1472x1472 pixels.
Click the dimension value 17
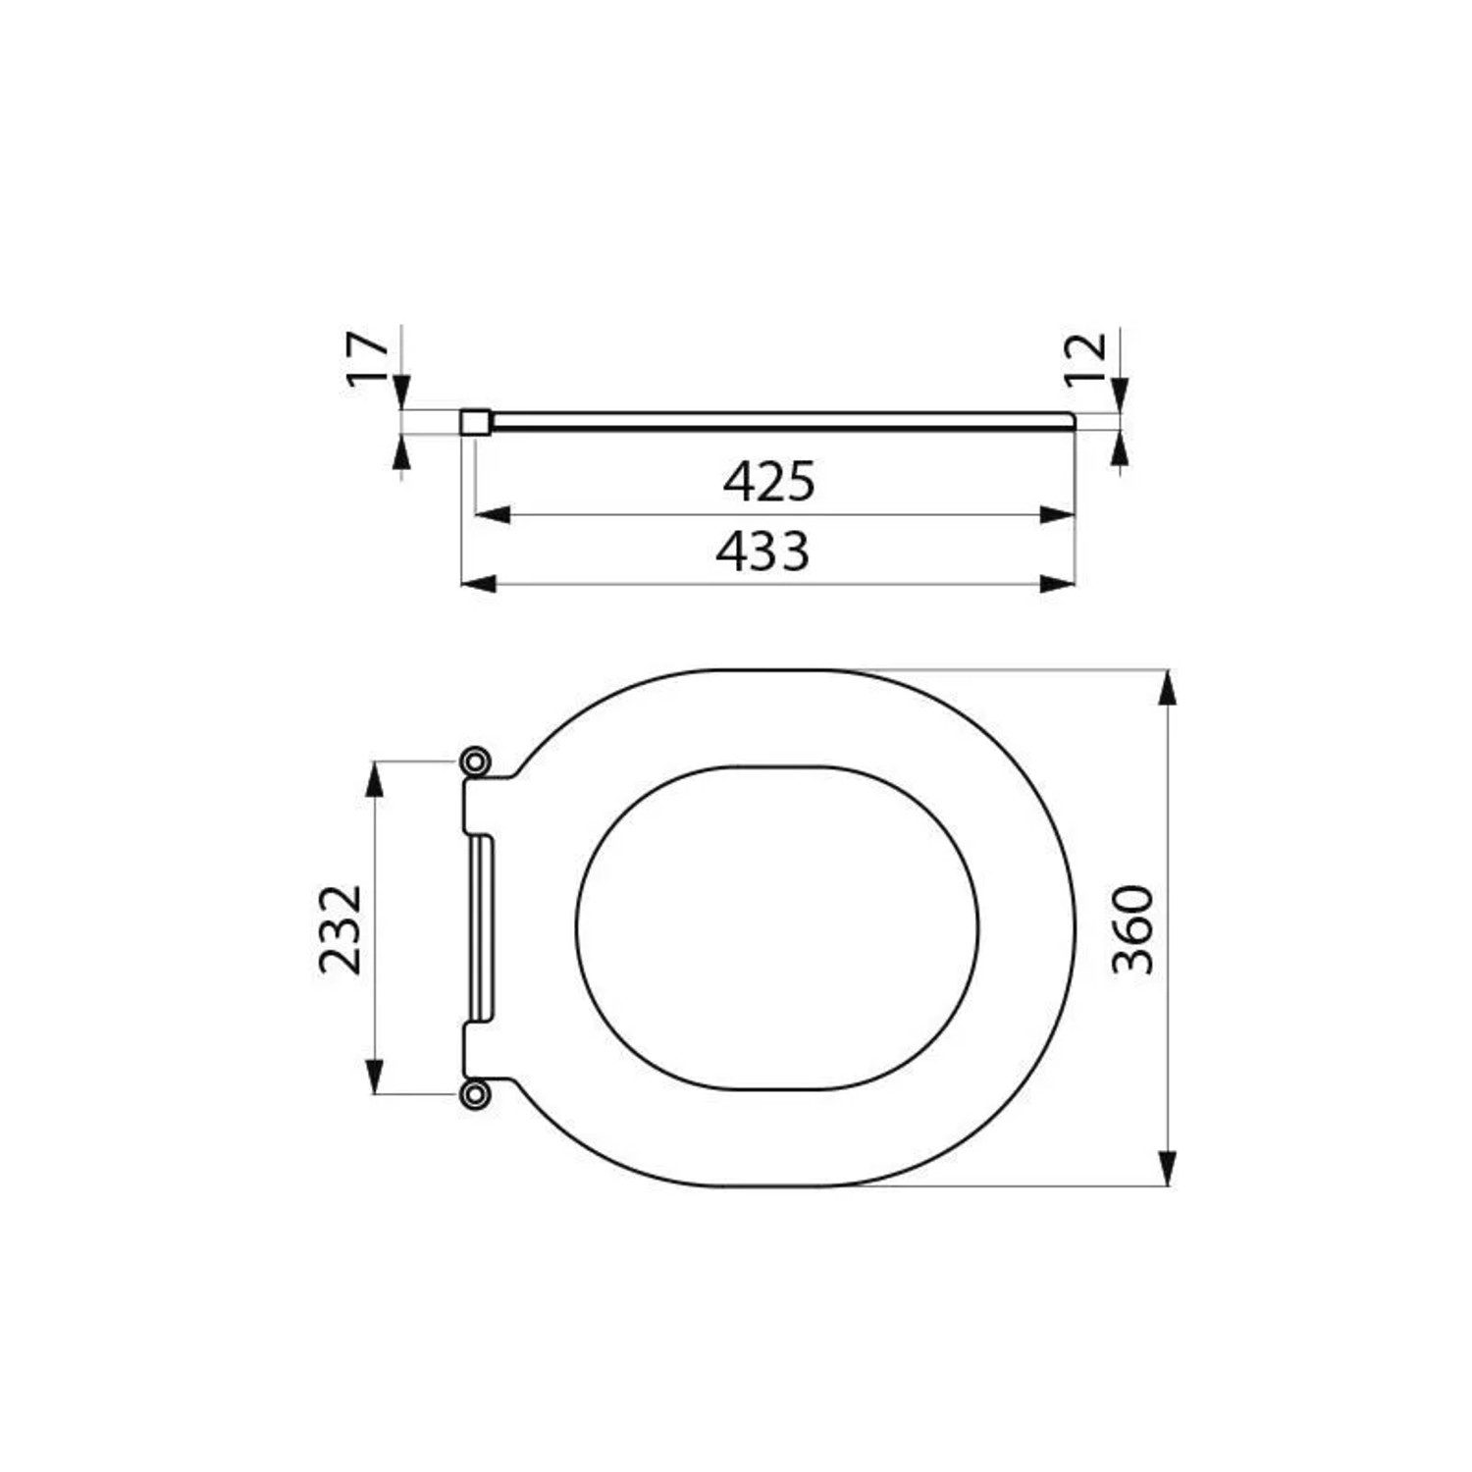point(369,359)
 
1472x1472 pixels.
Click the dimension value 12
point(1087,359)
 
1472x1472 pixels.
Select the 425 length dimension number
point(769,481)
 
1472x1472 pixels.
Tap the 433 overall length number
point(762,552)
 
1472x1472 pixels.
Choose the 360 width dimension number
point(1133,928)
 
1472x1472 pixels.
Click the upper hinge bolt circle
point(475,762)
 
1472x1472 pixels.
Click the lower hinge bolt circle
point(475,1093)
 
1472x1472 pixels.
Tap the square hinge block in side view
point(474,422)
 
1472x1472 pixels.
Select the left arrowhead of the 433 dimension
point(478,584)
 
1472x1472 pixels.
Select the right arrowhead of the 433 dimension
point(1058,584)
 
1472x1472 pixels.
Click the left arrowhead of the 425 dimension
point(493,514)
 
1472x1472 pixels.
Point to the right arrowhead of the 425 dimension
point(1058,514)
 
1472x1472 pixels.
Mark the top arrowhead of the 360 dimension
point(1167,687)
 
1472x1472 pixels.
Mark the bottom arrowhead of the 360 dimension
point(1167,1170)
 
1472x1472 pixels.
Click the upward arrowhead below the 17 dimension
point(400,452)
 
